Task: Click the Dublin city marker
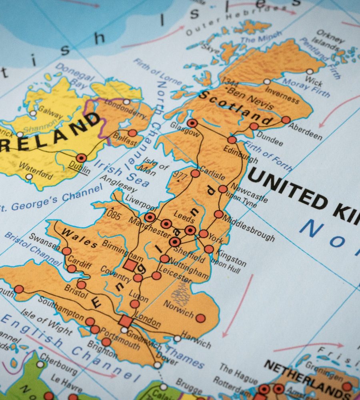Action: click(x=82, y=158)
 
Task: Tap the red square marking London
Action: click(x=125, y=320)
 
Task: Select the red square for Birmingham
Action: click(x=130, y=264)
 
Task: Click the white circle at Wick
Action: click(x=310, y=72)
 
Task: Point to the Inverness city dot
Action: click(x=267, y=82)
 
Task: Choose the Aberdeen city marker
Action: click(x=286, y=120)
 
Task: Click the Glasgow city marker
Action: click(x=192, y=123)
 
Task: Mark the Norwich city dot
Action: click(x=200, y=318)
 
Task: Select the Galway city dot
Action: click(x=33, y=113)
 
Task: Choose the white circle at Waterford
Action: click(x=29, y=176)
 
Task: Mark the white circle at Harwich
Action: click(x=177, y=338)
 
